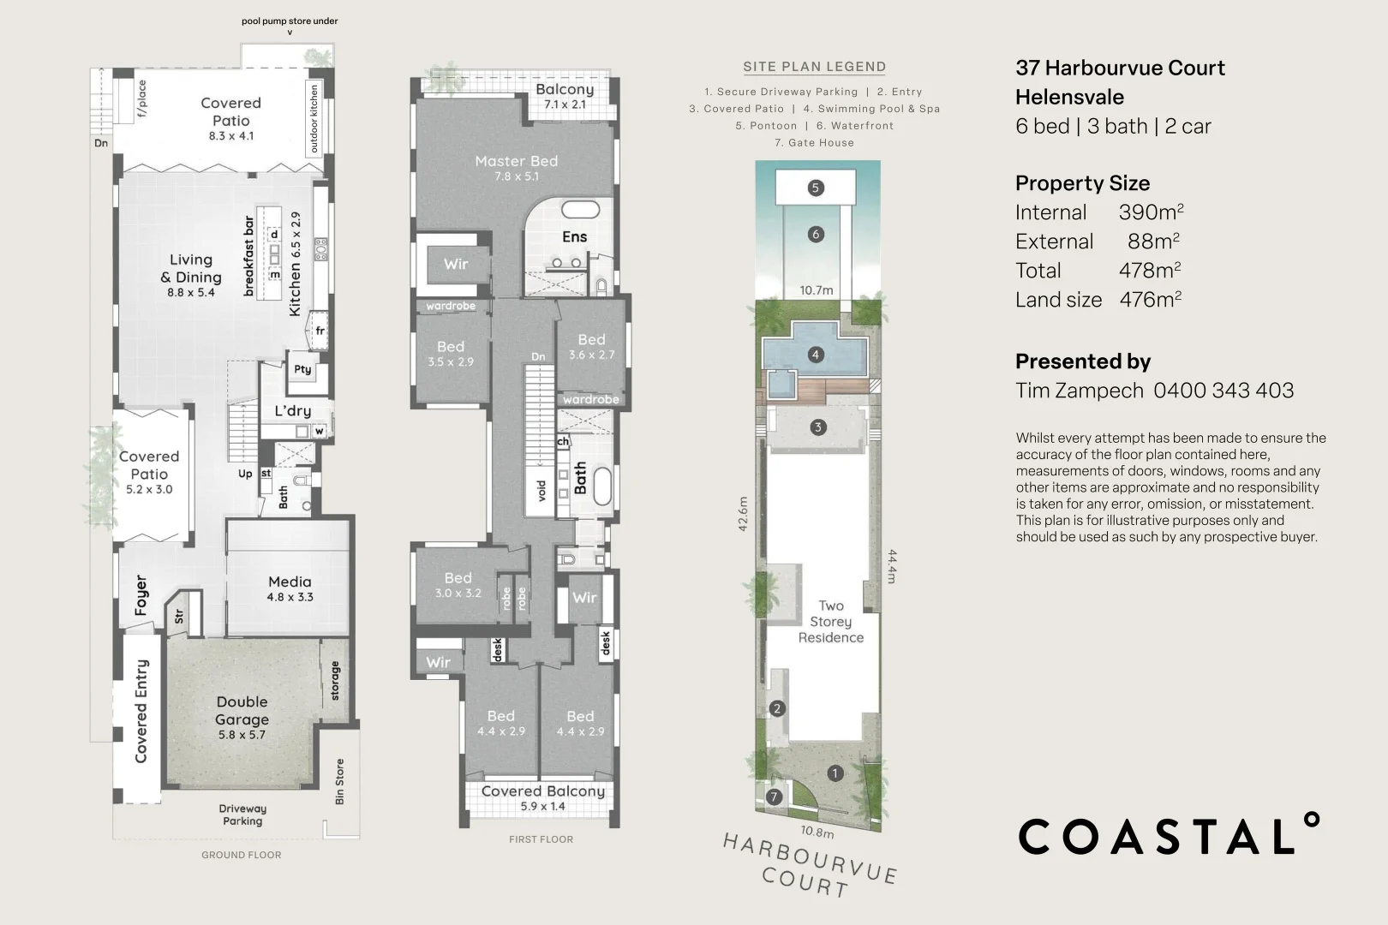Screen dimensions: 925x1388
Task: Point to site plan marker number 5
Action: tap(815, 188)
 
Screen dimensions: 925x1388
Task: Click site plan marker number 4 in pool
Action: tap(815, 354)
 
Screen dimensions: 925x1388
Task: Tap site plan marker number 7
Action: tap(775, 797)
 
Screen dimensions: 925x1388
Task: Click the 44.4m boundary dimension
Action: tap(891, 566)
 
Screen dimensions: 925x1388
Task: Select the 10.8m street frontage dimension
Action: tap(817, 832)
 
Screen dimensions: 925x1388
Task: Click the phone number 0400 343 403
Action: tap(1223, 391)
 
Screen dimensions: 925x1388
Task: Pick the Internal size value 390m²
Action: tap(1151, 212)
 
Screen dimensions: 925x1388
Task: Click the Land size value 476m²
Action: tap(1150, 300)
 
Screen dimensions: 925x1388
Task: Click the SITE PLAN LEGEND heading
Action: tap(814, 67)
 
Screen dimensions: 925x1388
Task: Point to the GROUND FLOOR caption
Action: tap(241, 855)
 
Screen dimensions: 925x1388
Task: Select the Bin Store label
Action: tap(339, 781)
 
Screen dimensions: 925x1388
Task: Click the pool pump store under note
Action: tap(290, 21)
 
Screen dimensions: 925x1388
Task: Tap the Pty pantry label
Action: tap(302, 369)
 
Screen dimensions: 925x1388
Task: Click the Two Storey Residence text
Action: tap(830, 622)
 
